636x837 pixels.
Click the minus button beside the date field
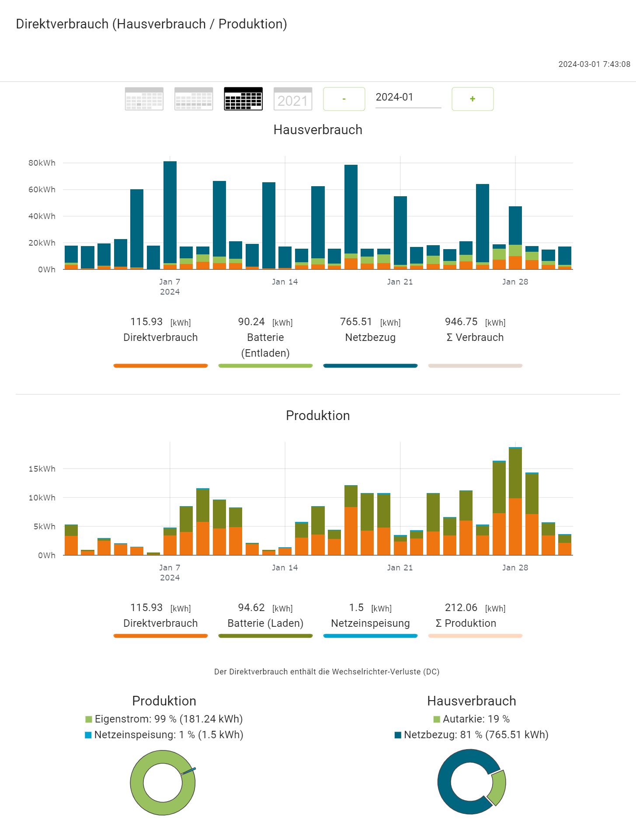coord(344,99)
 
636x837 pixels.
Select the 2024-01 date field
coord(408,97)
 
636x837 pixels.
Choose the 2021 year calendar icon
coord(293,99)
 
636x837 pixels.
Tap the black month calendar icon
coord(243,99)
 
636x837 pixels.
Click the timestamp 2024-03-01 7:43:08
coord(594,64)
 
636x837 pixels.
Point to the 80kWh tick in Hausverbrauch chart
coord(42,163)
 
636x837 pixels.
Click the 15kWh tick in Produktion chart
coord(42,469)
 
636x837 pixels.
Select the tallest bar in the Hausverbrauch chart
coord(170,214)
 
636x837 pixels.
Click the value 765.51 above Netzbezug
coord(356,322)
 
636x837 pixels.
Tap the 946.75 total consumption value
coord(461,322)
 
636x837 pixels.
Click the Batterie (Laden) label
coord(265,623)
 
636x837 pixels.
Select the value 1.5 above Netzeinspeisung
coord(356,608)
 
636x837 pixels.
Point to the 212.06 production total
coord(461,608)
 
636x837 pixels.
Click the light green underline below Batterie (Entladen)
coord(265,366)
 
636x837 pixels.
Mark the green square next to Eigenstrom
coord(89,719)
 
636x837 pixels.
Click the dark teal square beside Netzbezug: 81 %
coord(398,735)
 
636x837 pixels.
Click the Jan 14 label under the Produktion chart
coord(285,568)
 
